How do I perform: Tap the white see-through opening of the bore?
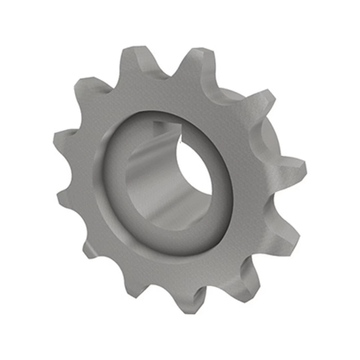pos(194,173)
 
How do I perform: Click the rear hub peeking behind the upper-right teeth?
pos(268,137)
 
